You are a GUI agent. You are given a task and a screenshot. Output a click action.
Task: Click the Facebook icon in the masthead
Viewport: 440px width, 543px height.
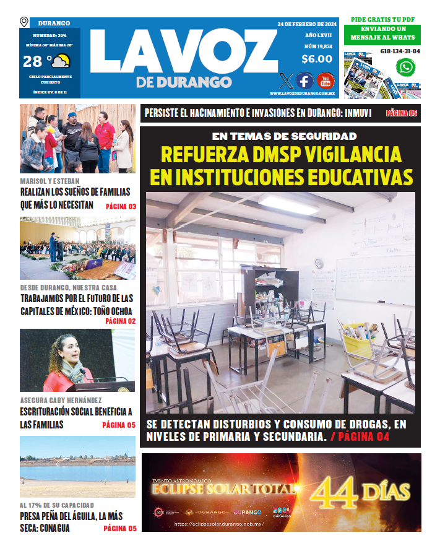tap(304, 80)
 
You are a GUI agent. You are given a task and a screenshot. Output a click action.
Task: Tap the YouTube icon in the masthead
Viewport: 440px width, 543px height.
tap(326, 80)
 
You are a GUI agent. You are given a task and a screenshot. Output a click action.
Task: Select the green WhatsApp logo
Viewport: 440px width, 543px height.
tap(406, 67)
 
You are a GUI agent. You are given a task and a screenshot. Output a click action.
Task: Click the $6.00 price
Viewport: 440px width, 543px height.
tap(317, 59)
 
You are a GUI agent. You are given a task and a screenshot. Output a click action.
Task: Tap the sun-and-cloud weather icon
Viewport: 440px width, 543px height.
tap(61, 61)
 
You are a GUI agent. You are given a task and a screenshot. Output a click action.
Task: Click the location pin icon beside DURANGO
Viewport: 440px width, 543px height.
tap(24, 22)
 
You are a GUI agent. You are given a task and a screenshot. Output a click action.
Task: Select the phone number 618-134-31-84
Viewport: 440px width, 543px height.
tap(400, 51)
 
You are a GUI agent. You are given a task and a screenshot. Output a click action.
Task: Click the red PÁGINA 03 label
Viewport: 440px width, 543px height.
tap(121, 206)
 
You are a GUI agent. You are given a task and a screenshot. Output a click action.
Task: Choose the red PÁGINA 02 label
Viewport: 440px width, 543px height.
tap(120, 321)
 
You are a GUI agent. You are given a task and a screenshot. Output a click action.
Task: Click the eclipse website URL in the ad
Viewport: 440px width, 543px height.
tap(219, 524)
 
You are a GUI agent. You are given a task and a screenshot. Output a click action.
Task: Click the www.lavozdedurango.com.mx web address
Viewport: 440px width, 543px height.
tap(302, 93)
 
